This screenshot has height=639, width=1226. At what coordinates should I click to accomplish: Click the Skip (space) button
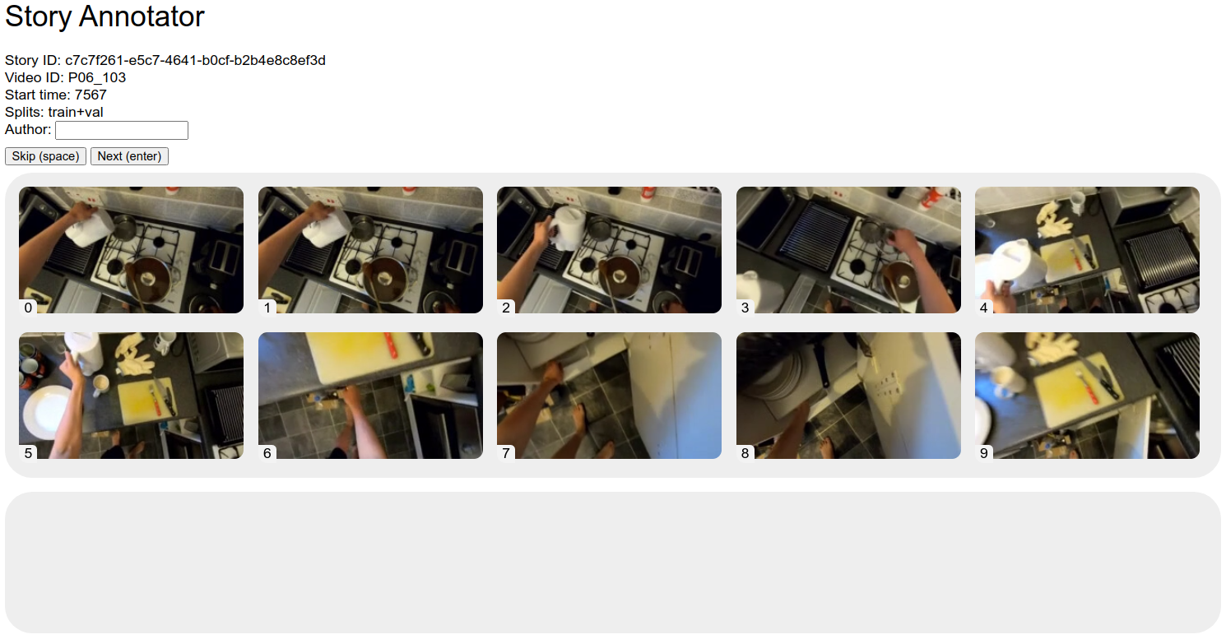tap(45, 156)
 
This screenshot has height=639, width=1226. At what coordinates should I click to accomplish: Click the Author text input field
tap(122, 130)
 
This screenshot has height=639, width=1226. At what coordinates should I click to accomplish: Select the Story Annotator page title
tap(104, 16)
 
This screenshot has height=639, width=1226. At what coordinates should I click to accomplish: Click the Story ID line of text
tap(165, 60)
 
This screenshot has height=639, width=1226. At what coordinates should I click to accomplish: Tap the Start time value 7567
tap(91, 95)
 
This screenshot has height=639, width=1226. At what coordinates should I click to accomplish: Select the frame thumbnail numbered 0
tap(132, 250)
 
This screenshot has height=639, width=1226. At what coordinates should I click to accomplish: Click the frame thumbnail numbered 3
tap(848, 250)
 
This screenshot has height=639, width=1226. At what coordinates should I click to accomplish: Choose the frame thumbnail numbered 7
tap(609, 396)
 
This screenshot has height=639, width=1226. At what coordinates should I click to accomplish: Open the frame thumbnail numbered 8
tap(848, 396)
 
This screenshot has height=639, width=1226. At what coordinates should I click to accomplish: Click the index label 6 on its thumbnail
tap(267, 453)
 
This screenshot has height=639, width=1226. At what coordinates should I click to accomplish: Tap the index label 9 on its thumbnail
tap(983, 453)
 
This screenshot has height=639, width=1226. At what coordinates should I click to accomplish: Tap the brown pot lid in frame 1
tap(387, 277)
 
